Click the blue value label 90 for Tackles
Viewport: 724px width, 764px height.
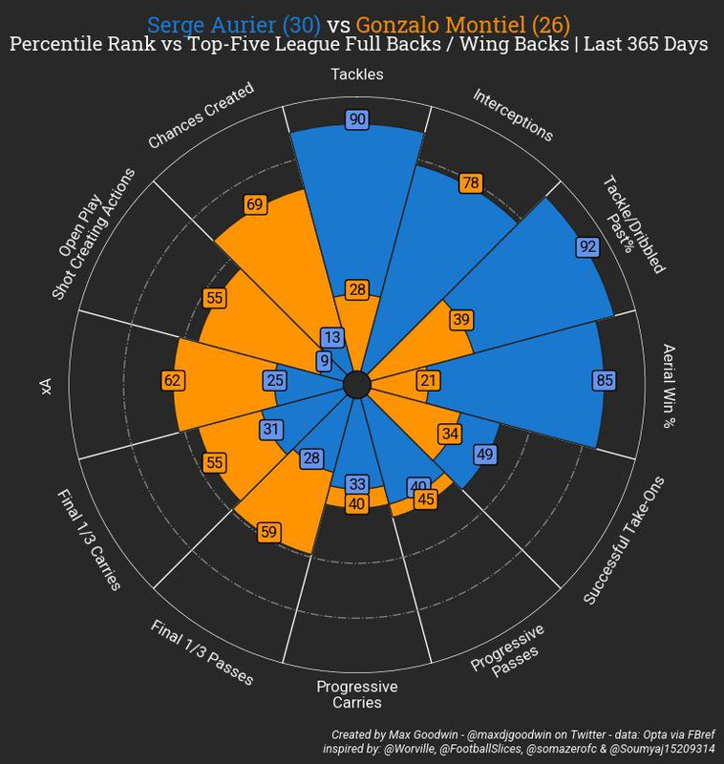click(358, 119)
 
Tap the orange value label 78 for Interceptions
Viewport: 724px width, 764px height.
click(470, 182)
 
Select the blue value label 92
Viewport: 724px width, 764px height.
click(588, 246)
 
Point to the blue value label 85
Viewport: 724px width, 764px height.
click(604, 380)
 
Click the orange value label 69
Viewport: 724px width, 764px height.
click(255, 204)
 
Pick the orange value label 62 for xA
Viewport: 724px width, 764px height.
click(173, 380)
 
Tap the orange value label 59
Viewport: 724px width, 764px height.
click(269, 531)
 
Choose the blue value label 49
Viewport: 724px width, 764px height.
click(484, 454)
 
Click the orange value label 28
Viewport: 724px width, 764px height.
click(358, 289)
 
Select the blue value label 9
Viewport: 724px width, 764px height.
click(325, 360)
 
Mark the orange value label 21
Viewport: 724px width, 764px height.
click(429, 380)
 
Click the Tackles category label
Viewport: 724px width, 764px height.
click(357, 74)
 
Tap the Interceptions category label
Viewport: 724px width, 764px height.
click(513, 116)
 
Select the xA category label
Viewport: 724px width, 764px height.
click(45, 385)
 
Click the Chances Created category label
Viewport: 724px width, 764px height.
click(201, 116)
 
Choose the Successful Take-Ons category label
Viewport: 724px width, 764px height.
click(630, 540)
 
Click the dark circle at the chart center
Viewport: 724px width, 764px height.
click(356, 385)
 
